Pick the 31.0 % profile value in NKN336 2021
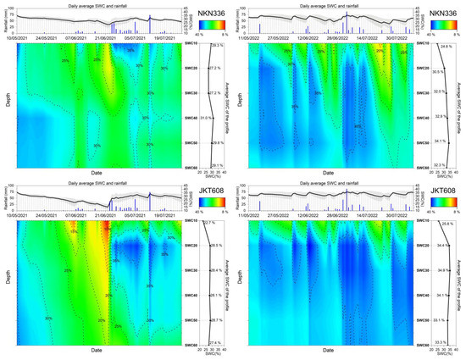(x=206, y=118)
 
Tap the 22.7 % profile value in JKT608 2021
(x=208, y=223)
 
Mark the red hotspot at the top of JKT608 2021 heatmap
(x=105, y=227)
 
